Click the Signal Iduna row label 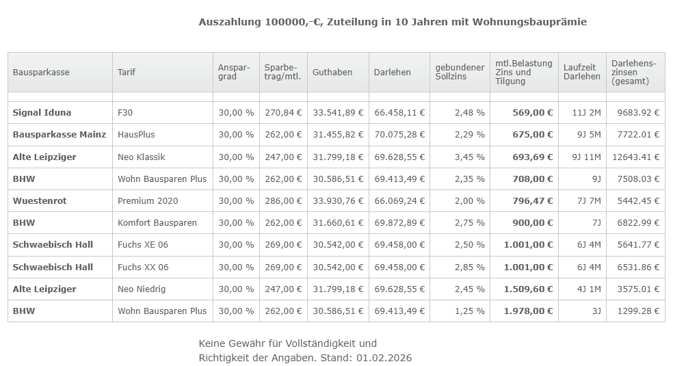42,112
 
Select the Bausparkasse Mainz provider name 60,135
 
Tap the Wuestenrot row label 40,201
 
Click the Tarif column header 127,73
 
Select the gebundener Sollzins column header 460,73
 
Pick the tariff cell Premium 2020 148,201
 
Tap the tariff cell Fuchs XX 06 143,267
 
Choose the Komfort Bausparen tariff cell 157,223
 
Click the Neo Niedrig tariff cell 142,289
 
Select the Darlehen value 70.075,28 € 399,135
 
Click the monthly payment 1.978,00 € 528,311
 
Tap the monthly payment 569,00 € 532,112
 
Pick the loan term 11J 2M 586,112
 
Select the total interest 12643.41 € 636,157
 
